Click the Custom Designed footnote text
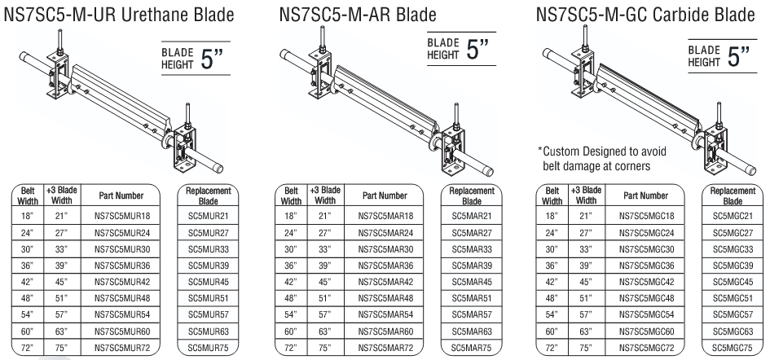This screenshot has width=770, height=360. click(601, 159)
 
